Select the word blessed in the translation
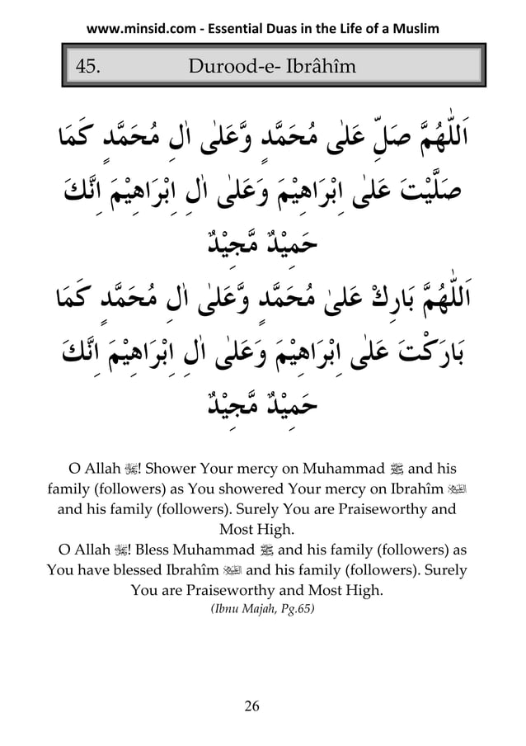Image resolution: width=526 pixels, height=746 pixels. point(132,569)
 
